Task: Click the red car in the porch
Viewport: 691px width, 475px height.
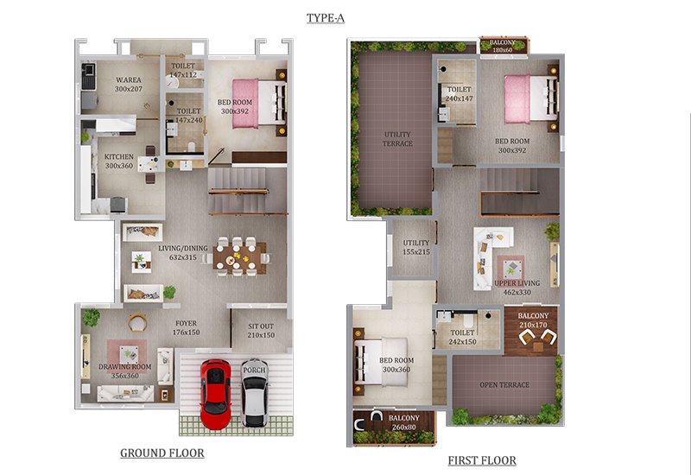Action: point(215,394)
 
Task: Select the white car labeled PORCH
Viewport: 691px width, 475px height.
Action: point(254,393)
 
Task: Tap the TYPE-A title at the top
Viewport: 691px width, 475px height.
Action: point(326,18)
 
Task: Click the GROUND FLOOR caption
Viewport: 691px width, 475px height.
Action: point(162,453)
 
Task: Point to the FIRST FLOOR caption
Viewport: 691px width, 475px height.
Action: point(482,460)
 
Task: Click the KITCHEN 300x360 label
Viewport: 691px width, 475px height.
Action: point(119,161)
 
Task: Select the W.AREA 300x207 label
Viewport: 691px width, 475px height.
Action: point(129,84)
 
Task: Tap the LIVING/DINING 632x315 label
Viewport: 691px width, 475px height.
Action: point(183,252)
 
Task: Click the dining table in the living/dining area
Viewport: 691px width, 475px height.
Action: point(239,258)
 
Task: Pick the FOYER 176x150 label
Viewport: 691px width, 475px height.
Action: point(186,328)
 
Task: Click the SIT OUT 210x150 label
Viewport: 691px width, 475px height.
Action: point(261,331)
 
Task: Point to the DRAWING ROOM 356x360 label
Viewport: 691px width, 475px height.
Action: point(124,371)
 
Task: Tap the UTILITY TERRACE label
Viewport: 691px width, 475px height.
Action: point(397,139)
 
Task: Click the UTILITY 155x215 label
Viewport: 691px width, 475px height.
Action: point(416,247)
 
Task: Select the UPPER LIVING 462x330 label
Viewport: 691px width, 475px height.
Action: point(517,288)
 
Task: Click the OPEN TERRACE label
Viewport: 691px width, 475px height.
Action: point(504,384)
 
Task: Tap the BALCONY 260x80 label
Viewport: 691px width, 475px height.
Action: point(403,422)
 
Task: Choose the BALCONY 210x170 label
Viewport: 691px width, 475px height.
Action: point(533,320)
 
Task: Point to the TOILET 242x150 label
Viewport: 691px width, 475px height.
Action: point(462,337)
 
